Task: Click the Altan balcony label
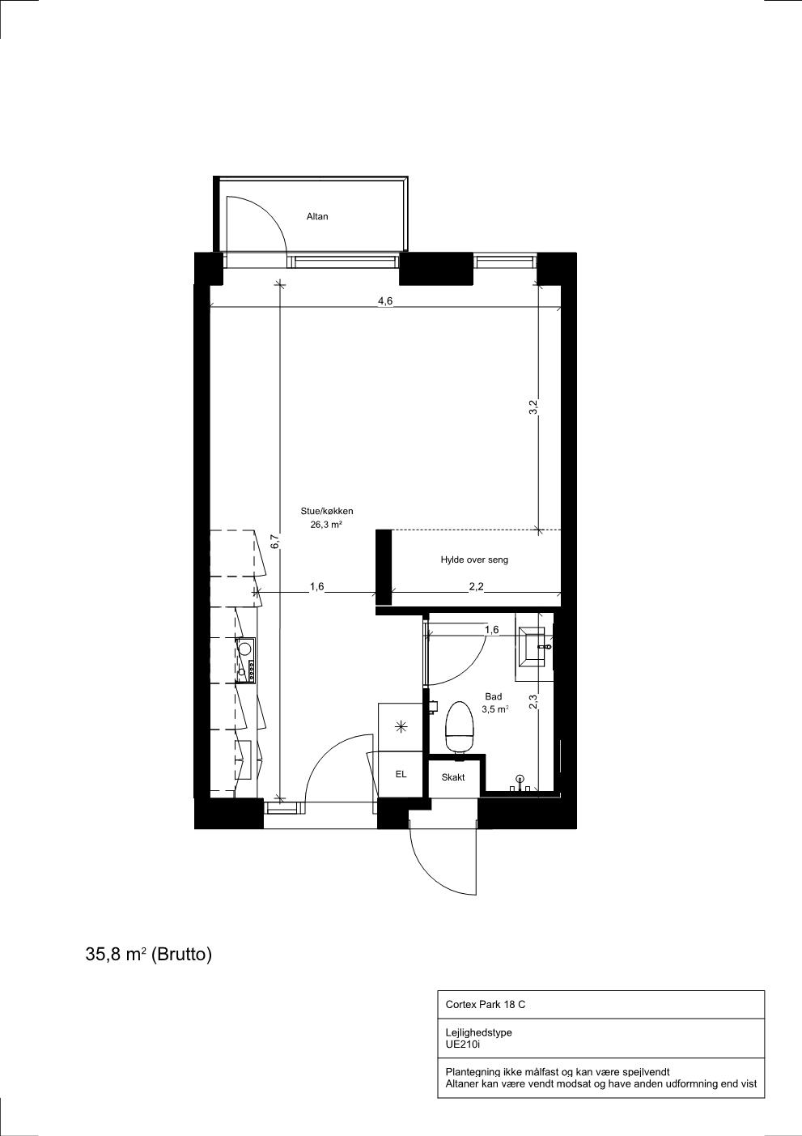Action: click(317, 216)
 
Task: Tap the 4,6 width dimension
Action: click(385, 300)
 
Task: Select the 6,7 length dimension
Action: click(275, 542)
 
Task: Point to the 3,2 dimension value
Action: click(533, 407)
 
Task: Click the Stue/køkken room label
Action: click(326, 511)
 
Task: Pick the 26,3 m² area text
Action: click(326, 525)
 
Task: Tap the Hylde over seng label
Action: click(474, 559)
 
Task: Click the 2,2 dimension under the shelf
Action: click(476, 587)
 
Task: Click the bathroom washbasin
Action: click(534, 647)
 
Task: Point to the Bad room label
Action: click(494, 697)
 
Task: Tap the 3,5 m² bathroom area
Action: click(494, 710)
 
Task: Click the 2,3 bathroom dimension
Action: click(533, 701)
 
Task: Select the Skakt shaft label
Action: click(452, 777)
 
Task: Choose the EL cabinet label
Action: click(401, 774)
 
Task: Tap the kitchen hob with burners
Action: click(247, 660)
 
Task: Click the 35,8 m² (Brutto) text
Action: click(149, 955)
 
